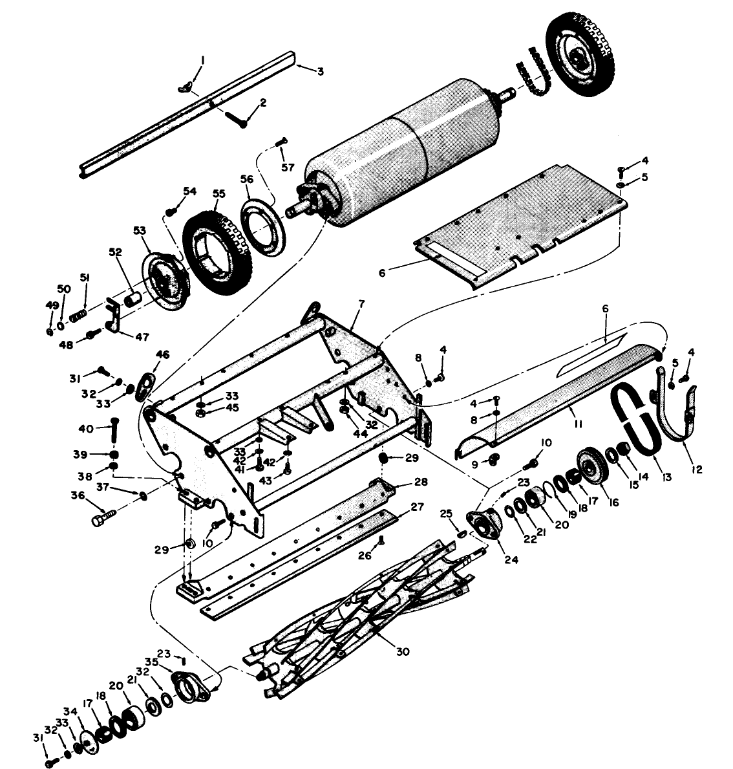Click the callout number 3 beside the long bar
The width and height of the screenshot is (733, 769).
point(320,70)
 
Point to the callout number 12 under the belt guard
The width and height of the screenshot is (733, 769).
point(697,470)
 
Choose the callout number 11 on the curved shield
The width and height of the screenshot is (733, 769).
point(579,424)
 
